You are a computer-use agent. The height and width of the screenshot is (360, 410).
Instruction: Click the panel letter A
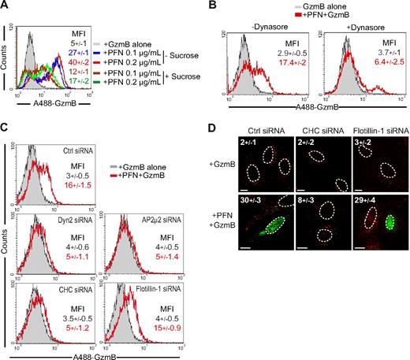6,6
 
